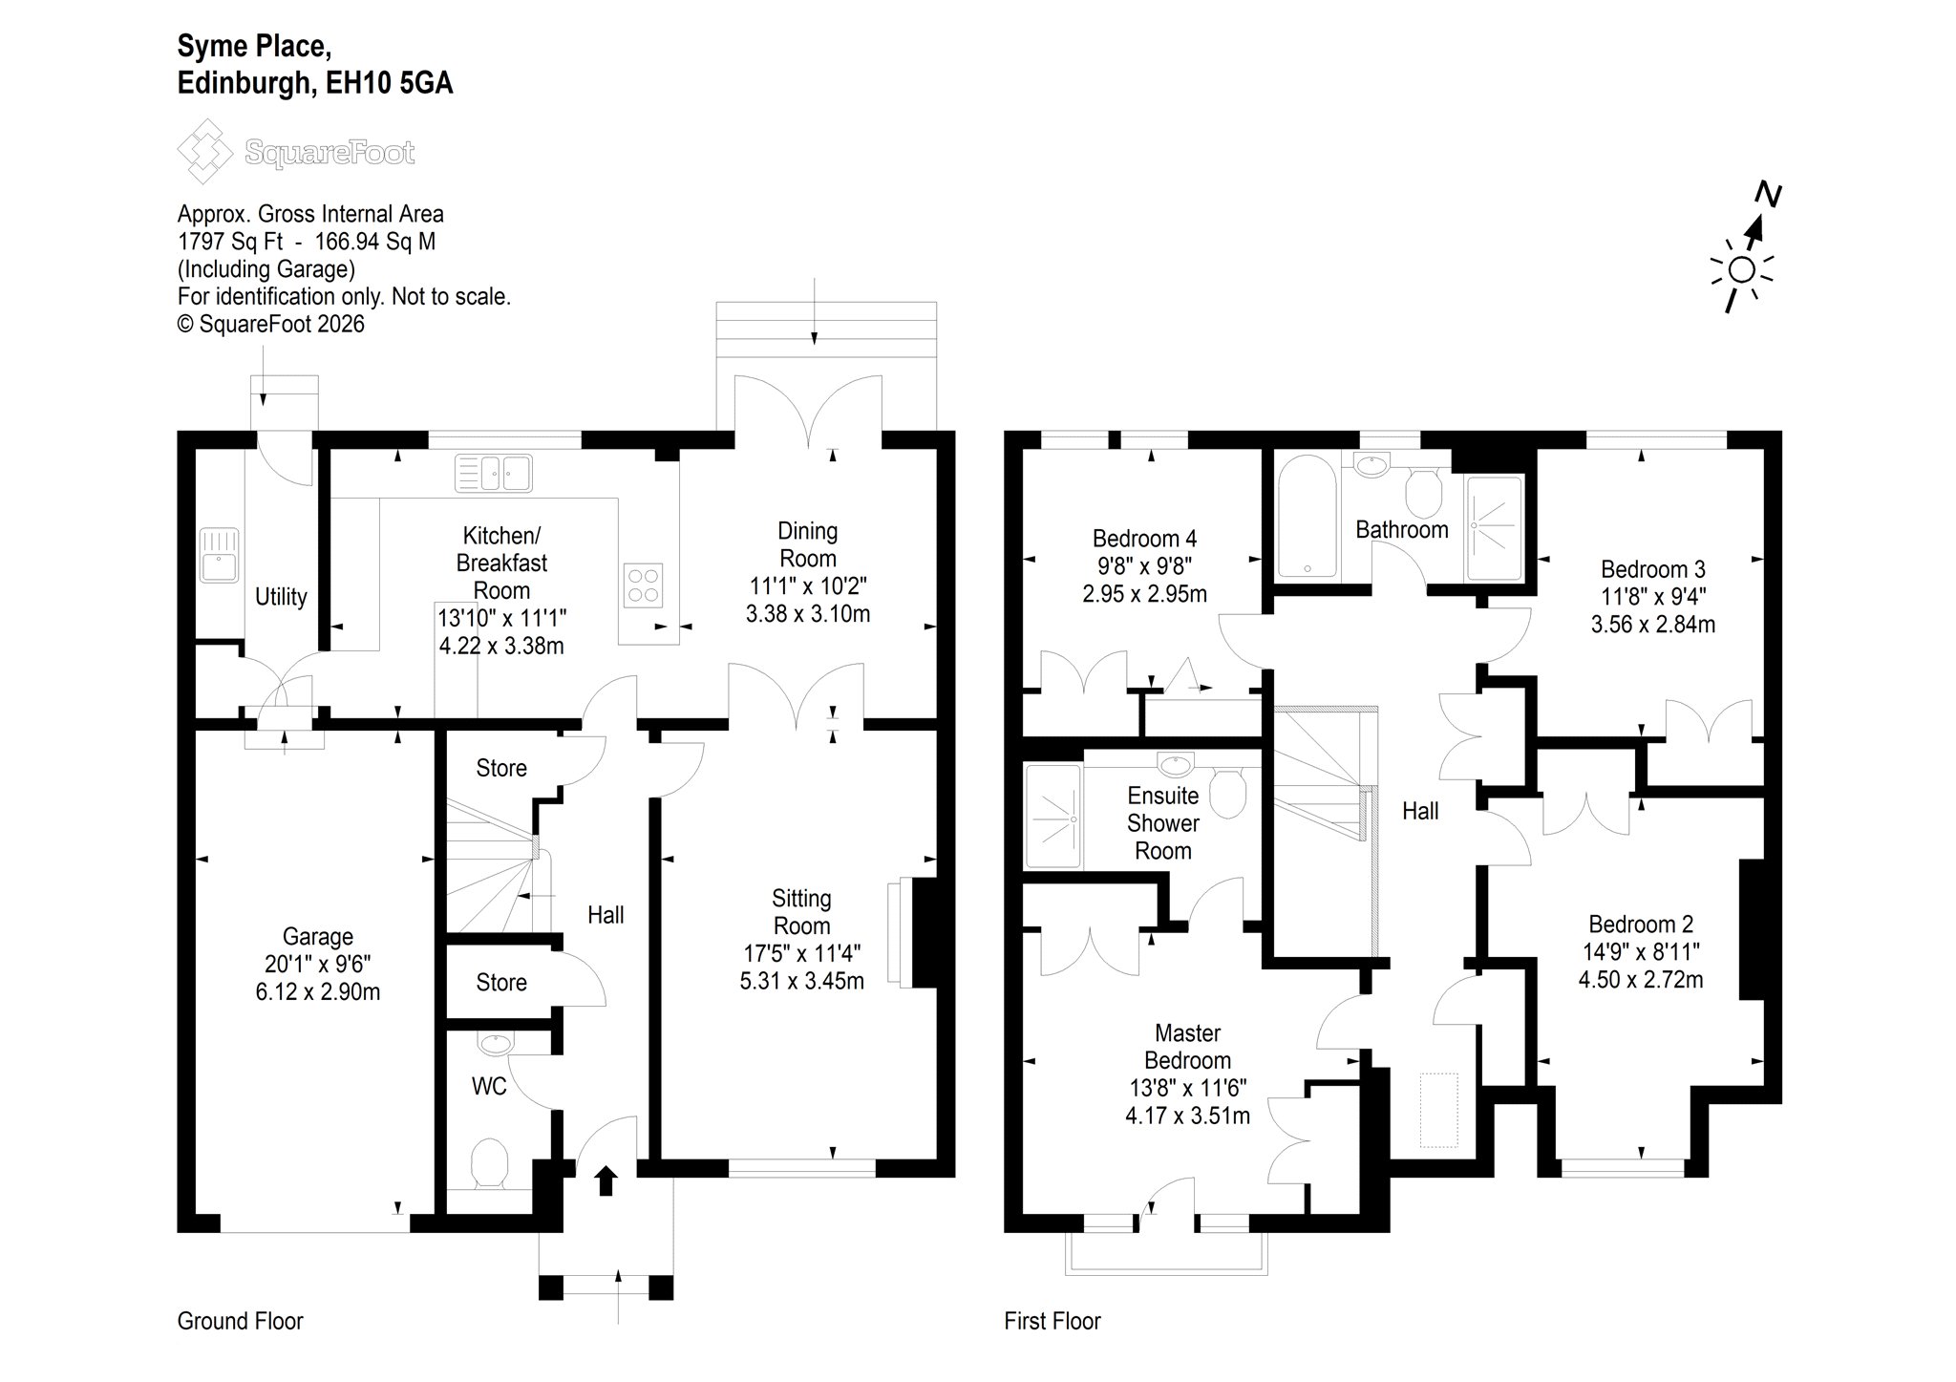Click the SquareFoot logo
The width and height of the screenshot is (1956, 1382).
click(296, 152)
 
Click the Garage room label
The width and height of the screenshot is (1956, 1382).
click(318, 937)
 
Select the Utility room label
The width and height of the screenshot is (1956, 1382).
click(281, 597)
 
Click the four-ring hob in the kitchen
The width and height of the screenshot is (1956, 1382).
click(643, 585)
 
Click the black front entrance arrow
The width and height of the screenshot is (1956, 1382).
click(606, 1180)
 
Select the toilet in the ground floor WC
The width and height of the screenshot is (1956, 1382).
click(491, 1162)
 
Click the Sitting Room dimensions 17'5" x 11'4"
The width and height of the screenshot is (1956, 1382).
click(802, 953)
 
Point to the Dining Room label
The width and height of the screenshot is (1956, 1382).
click(808, 544)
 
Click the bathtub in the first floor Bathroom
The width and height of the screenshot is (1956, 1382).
click(1308, 516)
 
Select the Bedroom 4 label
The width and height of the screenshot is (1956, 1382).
click(1145, 539)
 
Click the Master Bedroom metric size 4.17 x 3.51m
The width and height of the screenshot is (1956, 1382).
click(1188, 1116)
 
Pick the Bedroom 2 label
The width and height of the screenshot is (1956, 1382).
click(1641, 925)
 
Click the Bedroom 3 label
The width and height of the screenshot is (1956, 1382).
click(1653, 570)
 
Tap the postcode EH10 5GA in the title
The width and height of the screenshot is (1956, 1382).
click(390, 84)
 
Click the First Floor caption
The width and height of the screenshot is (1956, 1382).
click(1052, 1321)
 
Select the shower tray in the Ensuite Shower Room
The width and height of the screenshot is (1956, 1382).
click(1054, 818)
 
